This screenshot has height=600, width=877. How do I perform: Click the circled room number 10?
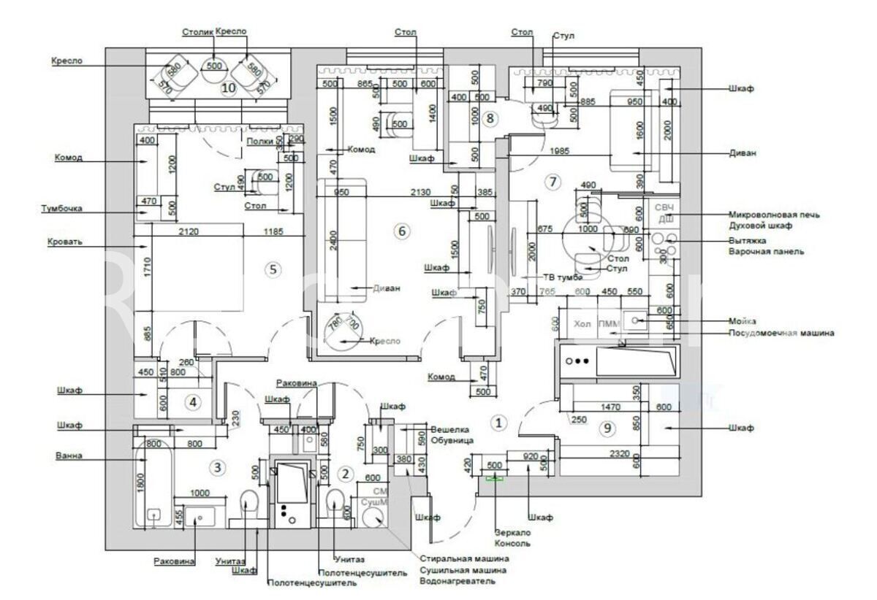228,88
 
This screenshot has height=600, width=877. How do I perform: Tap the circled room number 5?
273,269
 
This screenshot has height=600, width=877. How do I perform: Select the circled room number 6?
400,231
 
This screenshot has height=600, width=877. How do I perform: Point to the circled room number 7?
553,180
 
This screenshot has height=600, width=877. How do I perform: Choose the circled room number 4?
193,401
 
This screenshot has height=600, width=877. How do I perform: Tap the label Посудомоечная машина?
781,334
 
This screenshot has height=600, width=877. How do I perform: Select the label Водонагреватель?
458,581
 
